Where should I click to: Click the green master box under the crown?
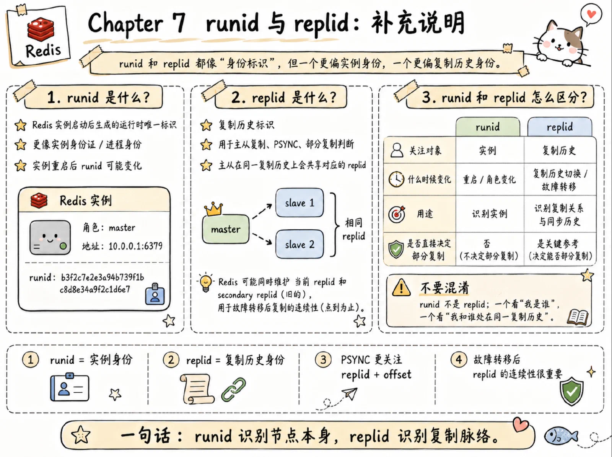pyautogui.click(x=226, y=229)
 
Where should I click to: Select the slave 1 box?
pyautogui.click(x=299, y=202)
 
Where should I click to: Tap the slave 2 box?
pyautogui.click(x=299, y=244)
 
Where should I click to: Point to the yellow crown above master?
pyautogui.click(x=213, y=209)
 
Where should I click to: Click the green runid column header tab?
pyautogui.click(x=488, y=127)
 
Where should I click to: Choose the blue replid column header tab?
pyautogui.click(x=560, y=127)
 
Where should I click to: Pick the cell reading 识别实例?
pyautogui.click(x=490, y=214)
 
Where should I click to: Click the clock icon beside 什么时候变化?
pyautogui.click(x=396, y=179)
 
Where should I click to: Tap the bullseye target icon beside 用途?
pyautogui.click(x=397, y=214)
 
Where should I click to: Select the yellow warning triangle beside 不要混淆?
pyautogui.click(x=401, y=287)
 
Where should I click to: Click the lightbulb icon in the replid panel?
pyautogui.click(x=206, y=282)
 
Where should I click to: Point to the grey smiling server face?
pyautogui.click(x=50, y=237)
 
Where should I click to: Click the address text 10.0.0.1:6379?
pyautogui.click(x=135, y=246)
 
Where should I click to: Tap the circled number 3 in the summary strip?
pyautogui.click(x=323, y=360)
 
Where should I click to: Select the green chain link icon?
pyautogui.click(x=234, y=390)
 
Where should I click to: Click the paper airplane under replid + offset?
pyautogui.click(x=350, y=394)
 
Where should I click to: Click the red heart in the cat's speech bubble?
pyautogui.click(x=591, y=13)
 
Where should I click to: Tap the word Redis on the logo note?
pyautogui.click(x=43, y=51)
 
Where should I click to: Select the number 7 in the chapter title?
pyautogui.click(x=179, y=23)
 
